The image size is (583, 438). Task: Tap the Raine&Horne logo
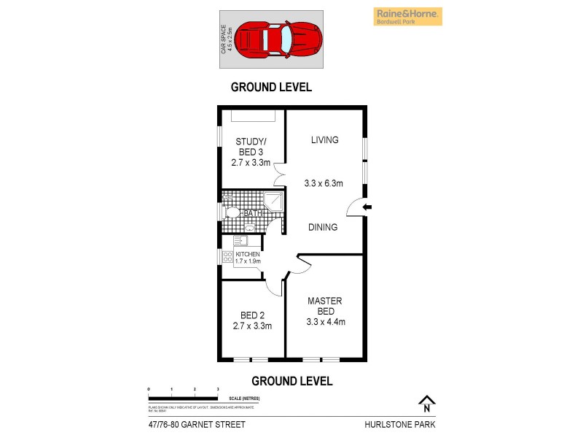point(408,16)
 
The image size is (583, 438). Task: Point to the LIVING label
point(324,140)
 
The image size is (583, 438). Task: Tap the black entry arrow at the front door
point(367,208)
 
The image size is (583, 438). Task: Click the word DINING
point(323,227)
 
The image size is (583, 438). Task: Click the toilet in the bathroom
point(231,212)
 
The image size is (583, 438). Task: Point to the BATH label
point(252,213)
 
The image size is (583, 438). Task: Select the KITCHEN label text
point(248,254)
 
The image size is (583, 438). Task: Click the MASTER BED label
point(325,306)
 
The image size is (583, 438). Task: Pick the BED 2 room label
point(251,320)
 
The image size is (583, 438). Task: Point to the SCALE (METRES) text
point(243,398)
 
